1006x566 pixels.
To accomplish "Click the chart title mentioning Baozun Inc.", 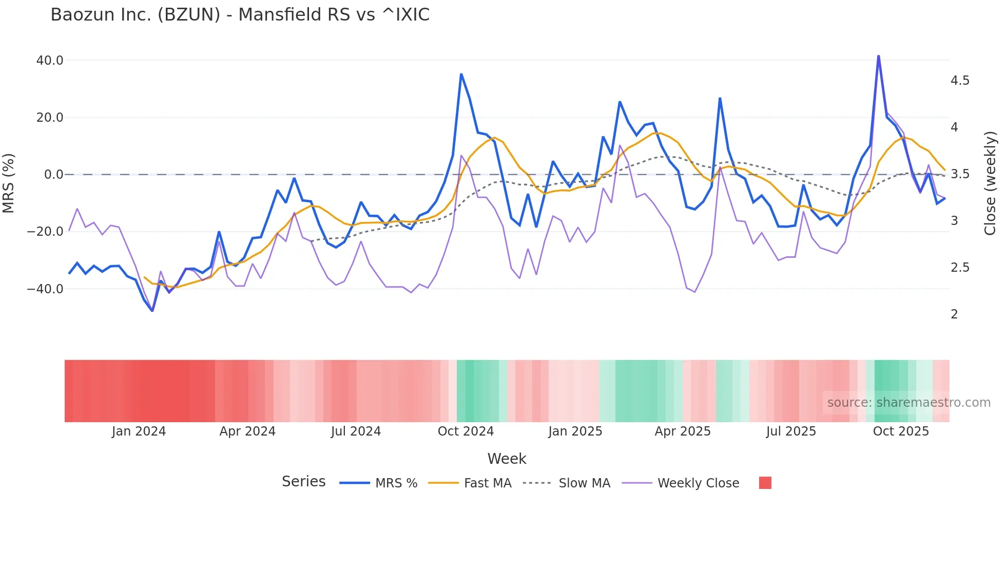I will point(240,15).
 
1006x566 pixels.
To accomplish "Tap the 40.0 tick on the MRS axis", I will point(50,61).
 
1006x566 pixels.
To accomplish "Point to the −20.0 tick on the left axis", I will point(46,232).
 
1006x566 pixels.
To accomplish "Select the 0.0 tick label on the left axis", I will point(53,175).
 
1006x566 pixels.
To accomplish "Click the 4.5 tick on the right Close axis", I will point(960,81).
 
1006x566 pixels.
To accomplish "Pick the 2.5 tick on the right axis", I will point(960,268).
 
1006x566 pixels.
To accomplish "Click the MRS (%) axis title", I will point(9,183).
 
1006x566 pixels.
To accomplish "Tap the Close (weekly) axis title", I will point(990,183).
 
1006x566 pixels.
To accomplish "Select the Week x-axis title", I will point(507,459).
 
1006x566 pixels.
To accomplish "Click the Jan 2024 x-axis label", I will point(139,431).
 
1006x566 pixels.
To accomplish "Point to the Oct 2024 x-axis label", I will point(466,431).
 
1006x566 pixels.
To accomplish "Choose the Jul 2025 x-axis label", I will point(791,431).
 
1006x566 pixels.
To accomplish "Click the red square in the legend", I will point(765,483).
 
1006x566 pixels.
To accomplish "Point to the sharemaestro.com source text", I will point(908,403).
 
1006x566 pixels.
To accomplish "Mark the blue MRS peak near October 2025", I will point(878,56).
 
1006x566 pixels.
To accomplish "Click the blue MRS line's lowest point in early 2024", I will point(152,311).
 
